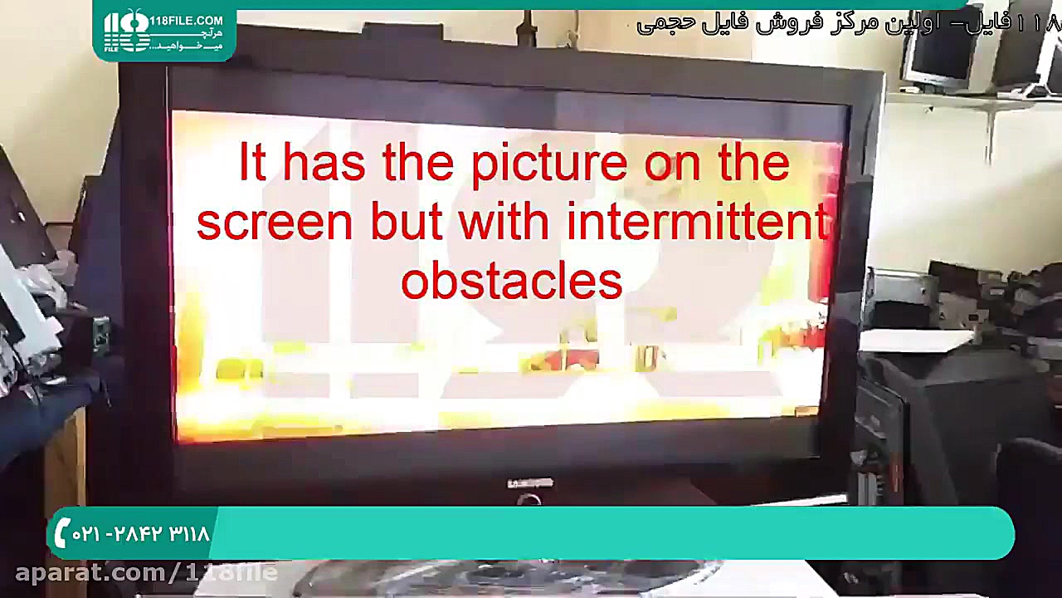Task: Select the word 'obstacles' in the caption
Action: (x=511, y=282)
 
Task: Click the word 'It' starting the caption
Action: (x=252, y=163)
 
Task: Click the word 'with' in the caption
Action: (x=503, y=223)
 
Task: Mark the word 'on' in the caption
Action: (x=668, y=164)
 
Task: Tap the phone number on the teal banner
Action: (x=141, y=534)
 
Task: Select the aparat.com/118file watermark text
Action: (x=145, y=572)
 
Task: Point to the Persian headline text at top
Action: (x=846, y=22)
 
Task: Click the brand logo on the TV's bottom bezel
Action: (x=530, y=483)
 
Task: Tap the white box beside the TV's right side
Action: (x=916, y=341)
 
